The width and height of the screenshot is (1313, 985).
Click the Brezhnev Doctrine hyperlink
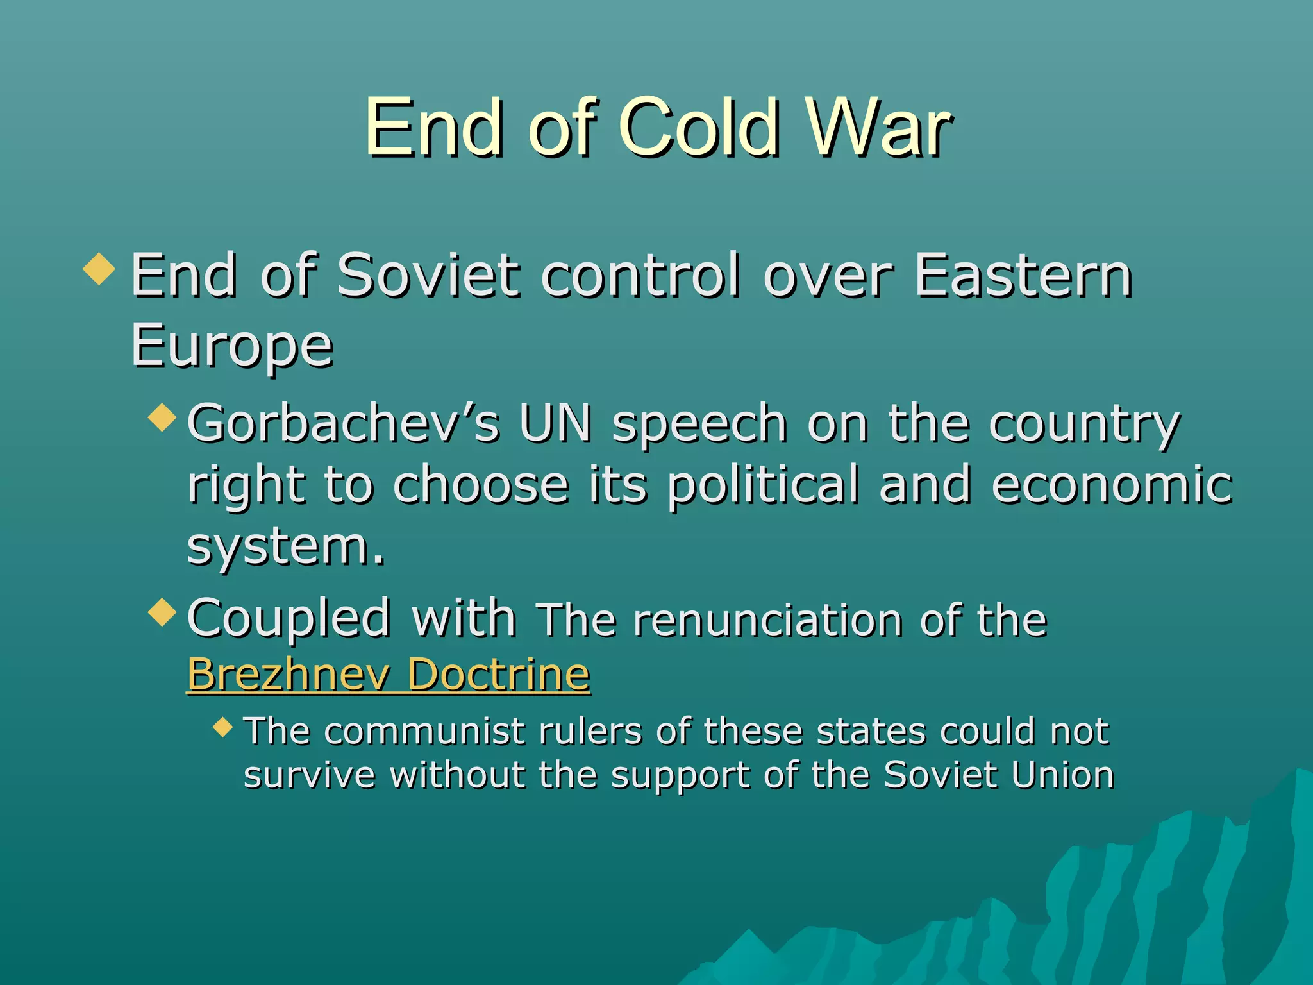[389, 674]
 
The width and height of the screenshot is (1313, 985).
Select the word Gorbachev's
[343, 424]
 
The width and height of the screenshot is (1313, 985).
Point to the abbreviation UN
[555, 424]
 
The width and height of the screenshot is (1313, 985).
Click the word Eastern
[1023, 276]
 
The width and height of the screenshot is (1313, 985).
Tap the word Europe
[231, 346]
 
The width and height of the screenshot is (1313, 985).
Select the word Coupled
[289, 619]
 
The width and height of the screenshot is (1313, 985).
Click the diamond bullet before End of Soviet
[99, 268]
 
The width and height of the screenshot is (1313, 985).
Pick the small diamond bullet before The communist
[223, 727]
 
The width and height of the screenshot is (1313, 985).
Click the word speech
[699, 425]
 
